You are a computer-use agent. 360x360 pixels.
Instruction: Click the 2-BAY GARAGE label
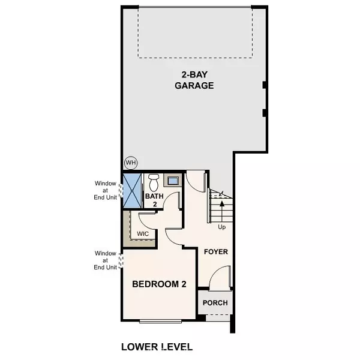pos(194,80)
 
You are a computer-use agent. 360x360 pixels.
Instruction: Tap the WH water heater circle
pos(131,162)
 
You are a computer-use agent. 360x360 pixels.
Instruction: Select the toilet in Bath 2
pos(154,181)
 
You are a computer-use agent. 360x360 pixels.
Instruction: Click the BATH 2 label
pos(154,200)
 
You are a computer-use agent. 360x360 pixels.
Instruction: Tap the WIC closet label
pos(143,233)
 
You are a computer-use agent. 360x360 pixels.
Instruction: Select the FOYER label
pos(215,251)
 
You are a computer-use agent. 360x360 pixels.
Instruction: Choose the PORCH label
pos(215,303)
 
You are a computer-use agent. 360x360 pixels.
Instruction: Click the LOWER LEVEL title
pos(157,346)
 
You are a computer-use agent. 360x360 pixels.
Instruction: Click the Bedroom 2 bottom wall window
pos(161,322)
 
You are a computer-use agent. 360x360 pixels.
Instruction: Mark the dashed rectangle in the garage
pos(194,32)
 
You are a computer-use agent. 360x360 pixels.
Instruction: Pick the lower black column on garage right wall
pos(265,112)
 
